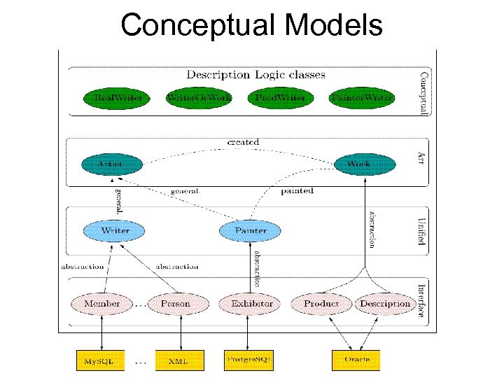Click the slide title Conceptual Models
pos(251,26)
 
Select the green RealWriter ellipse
pos(113,98)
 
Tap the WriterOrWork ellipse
pos(198,98)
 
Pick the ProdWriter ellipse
pos(280,98)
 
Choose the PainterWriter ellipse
pos(362,98)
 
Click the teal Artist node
pos(111,164)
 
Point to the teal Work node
pos(358,164)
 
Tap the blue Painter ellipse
pos(251,230)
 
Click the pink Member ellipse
pos(102,304)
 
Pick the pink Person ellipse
pos(175,304)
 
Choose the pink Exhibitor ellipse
pos(252,304)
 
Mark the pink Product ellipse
pos(321,304)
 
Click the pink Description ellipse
pos(384,304)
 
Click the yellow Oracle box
pos(356,360)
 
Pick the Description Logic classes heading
pos(255,74)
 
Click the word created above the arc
pos(243,142)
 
